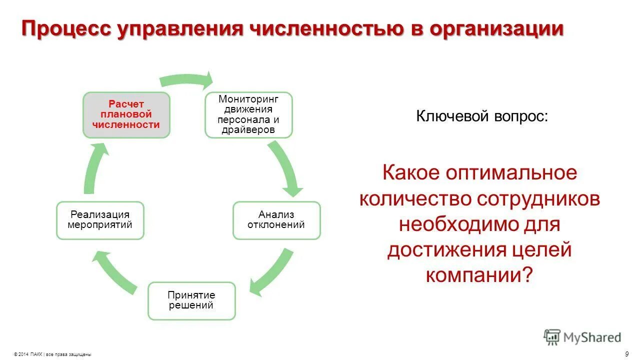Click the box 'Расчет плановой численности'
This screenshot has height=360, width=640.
click(x=126, y=115)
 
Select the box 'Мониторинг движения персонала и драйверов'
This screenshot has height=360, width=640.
click(x=248, y=114)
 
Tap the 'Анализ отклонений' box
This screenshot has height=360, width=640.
click(x=276, y=220)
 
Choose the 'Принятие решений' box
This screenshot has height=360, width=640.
click(x=191, y=300)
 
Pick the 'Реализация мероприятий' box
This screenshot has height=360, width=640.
click(x=100, y=220)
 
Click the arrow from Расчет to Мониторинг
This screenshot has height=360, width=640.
click(x=186, y=79)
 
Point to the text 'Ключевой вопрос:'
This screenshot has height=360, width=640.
click(x=482, y=116)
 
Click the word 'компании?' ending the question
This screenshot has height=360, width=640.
click(x=479, y=275)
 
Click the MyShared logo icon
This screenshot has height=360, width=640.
click(x=552, y=337)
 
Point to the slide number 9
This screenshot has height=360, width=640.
click(x=627, y=354)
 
